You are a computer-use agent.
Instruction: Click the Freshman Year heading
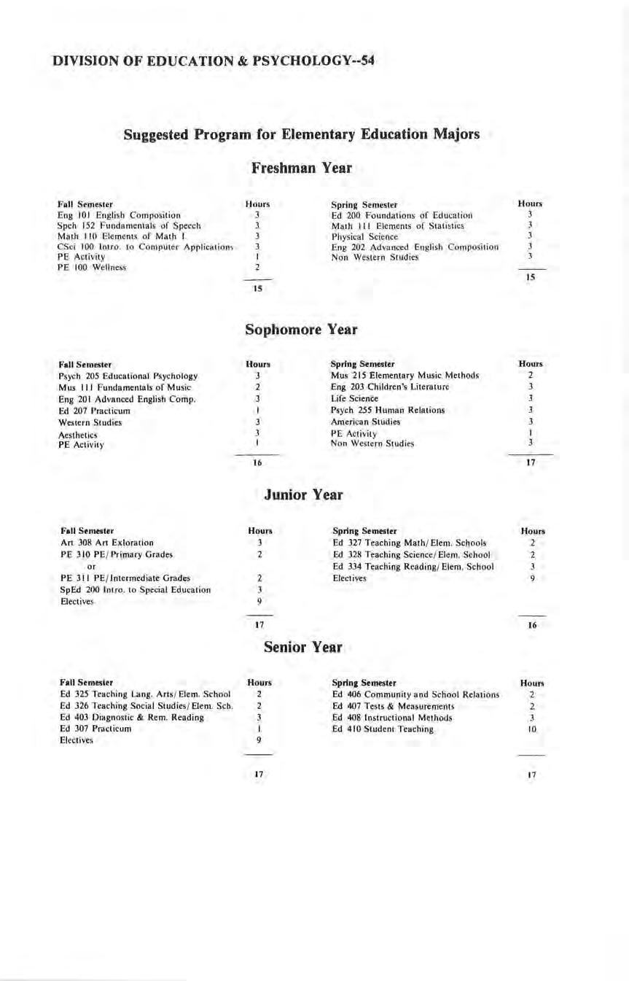coord(302,168)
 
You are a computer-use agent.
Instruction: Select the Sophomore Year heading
coord(301,330)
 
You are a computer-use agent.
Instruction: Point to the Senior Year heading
coord(302,647)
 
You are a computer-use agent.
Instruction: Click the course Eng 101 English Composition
coord(119,215)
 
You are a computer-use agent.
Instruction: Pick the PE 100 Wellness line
coord(92,268)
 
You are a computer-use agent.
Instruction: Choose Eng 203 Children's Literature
coord(390,387)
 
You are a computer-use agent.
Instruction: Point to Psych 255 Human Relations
coord(388,410)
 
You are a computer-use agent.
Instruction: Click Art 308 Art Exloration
coord(107,543)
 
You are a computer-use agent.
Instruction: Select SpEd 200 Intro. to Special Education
coord(136,589)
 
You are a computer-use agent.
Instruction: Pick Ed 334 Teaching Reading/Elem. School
coord(413,567)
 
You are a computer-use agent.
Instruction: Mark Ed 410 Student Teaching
coord(383,729)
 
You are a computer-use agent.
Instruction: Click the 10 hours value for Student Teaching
coord(532,729)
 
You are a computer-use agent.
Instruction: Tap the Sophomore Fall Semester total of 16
coord(257,462)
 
